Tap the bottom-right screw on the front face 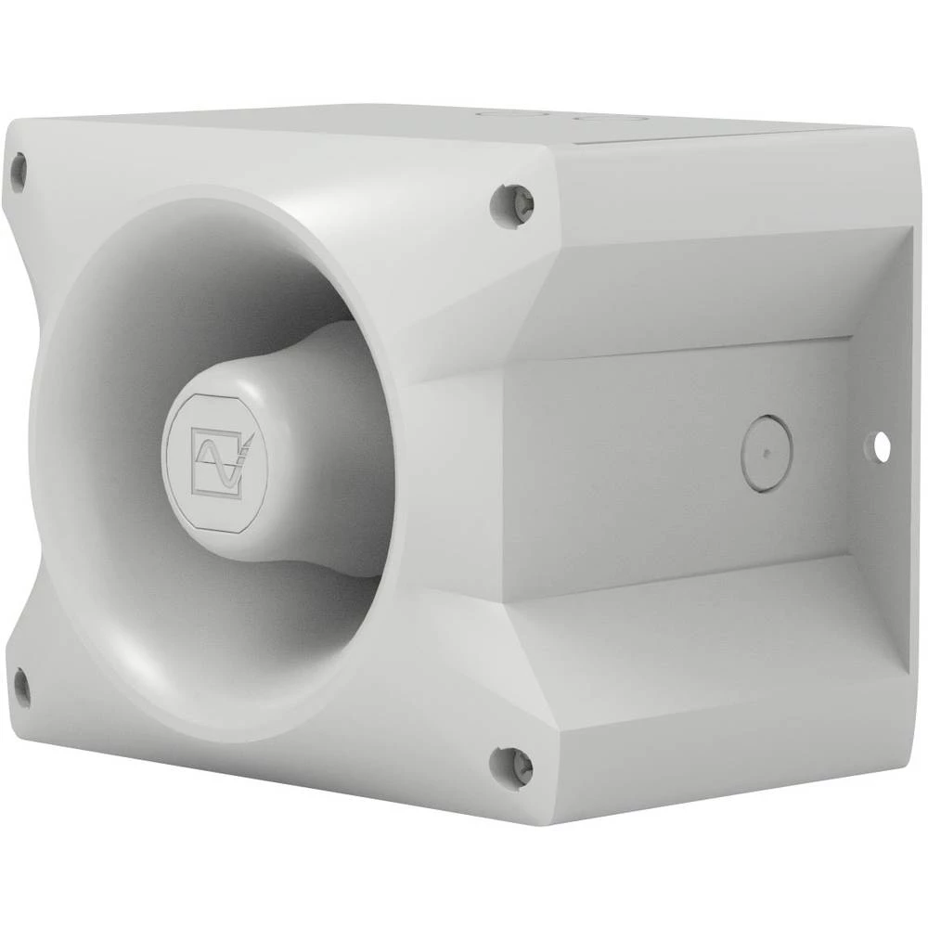click(x=511, y=766)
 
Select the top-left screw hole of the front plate click(x=18, y=171)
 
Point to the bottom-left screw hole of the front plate click(x=19, y=688)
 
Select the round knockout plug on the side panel click(x=767, y=453)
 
